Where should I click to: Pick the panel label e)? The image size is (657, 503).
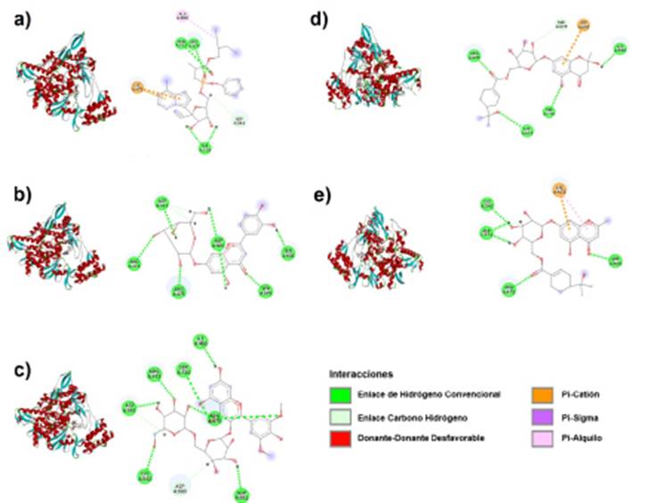(x=340, y=194)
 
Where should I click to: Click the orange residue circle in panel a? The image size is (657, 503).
(x=138, y=87)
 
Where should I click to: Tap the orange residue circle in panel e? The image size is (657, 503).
(x=559, y=189)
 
